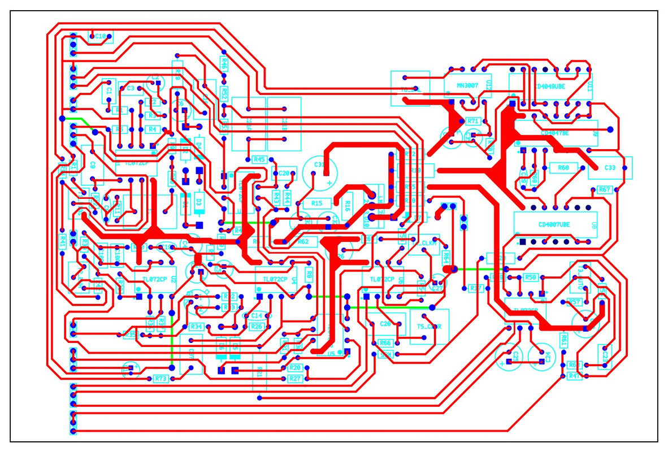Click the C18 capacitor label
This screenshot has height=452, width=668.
point(101,37)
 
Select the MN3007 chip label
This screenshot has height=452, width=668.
point(467,86)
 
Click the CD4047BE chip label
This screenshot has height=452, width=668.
point(554,133)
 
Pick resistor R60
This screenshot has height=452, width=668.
point(563,168)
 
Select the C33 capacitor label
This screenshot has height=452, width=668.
point(610,168)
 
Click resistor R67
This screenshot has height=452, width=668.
point(604,190)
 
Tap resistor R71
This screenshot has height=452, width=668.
point(472,121)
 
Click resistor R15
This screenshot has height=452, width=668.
point(316,202)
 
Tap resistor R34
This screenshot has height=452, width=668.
point(196,327)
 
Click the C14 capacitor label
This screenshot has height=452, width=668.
point(257,316)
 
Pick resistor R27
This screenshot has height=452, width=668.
point(294,379)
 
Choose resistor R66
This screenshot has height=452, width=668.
point(385,343)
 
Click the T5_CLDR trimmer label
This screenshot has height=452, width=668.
point(429,327)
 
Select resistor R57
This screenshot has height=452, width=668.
point(575,302)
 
